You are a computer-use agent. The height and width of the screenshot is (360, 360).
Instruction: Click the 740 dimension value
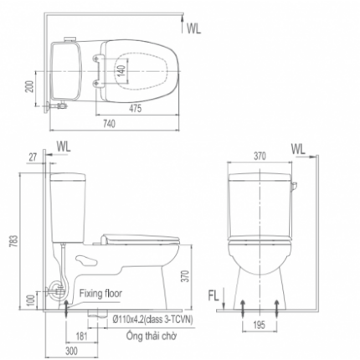click(x=110, y=123)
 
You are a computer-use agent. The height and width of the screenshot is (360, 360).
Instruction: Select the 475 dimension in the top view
click(x=135, y=108)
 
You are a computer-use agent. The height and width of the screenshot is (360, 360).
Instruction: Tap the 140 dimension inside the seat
click(x=121, y=70)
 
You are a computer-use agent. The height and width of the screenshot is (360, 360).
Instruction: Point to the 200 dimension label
click(x=30, y=86)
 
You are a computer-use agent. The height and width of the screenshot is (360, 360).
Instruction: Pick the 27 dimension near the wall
click(x=33, y=157)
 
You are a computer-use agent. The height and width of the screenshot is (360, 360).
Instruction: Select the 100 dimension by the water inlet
click(x=31, y=301)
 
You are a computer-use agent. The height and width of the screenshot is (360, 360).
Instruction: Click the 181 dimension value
click(x=81, y=337)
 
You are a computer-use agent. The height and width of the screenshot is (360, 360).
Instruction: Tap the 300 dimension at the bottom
click(x=71, y=351)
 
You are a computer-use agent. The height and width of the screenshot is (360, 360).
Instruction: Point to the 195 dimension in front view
click(x=260, y=325)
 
